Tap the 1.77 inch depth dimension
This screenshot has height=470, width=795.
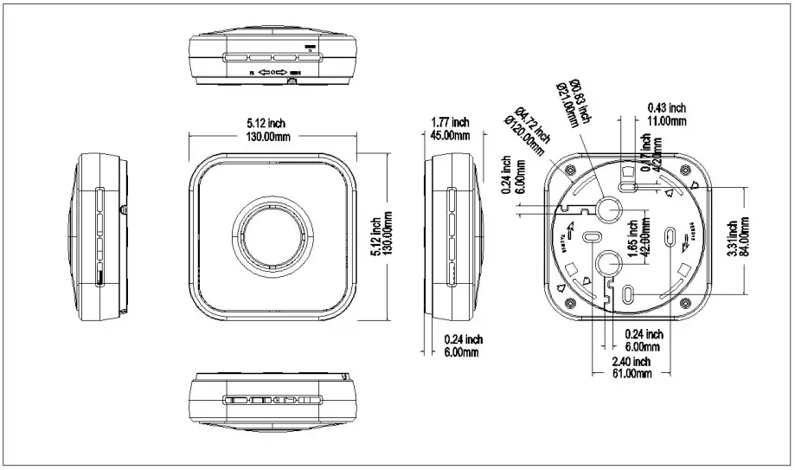pyautogui.click(x=449, y=122)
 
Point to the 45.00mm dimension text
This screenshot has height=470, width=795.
pyautogui.click(x=450, y=135)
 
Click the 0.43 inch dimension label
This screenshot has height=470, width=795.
pyautogui.click(x=666, y=107)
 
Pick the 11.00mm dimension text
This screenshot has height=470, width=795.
pyautogui.click(x=666, y=121)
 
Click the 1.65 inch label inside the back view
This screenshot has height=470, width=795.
pyautogui.click(x=633, y=235)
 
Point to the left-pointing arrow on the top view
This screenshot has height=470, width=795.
pyautogui.click(x=264, y=74)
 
